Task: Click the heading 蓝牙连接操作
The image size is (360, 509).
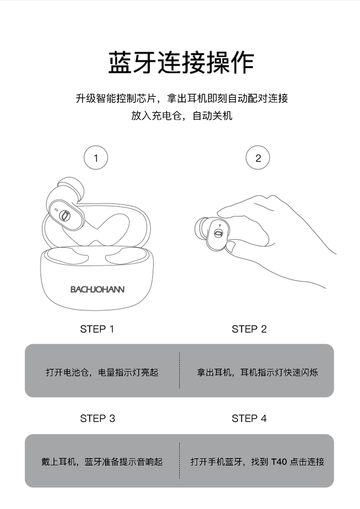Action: click(181, 62)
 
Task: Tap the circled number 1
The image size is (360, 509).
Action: click(96, 158)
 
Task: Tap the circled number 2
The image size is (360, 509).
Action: click(258, 158)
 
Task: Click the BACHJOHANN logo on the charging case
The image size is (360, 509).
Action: click(97, 289)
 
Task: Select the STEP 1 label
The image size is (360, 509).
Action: click(97, 329)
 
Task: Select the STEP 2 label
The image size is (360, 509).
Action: click(249, 329)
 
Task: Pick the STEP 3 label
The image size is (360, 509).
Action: click(97, 418)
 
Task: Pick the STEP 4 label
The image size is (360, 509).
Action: click(249, 418)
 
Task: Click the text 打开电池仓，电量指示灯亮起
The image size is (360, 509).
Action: click(102, 372)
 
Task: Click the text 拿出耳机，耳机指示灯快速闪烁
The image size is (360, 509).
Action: click(257, 372)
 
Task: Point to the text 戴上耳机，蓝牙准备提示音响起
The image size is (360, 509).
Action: click(102, 461)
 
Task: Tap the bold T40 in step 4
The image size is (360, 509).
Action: click(279, 461)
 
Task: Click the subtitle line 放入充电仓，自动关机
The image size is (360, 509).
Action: click(181, 116)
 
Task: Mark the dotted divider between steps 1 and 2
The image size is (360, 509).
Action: click(180, 370)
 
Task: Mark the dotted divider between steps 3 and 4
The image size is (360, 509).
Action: click(180, 461)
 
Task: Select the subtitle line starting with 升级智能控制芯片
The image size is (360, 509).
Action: click(182, 98)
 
